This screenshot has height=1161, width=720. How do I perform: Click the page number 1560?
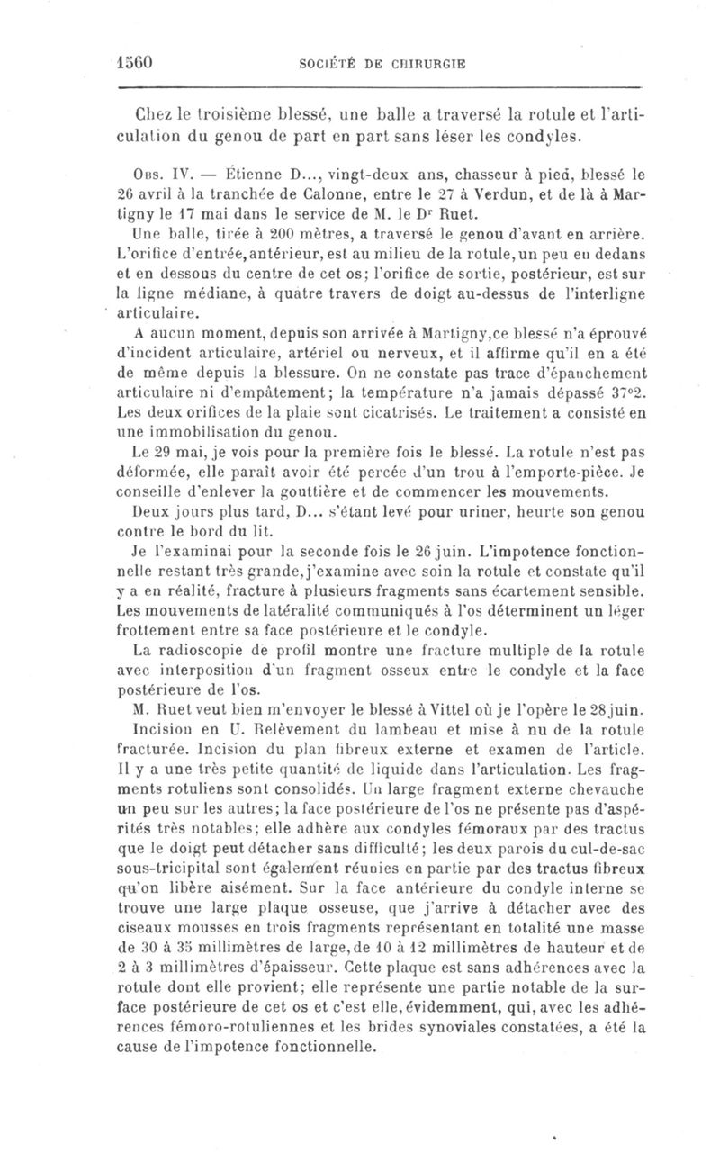coord(138,65)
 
